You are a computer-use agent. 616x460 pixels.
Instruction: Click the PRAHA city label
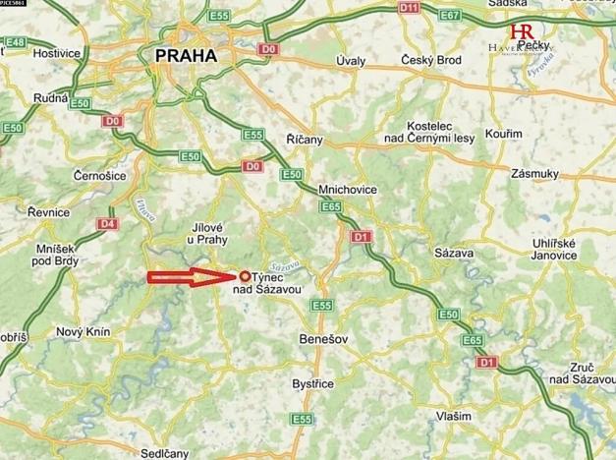[186, 57]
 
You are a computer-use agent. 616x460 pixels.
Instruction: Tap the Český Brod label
[430, 61]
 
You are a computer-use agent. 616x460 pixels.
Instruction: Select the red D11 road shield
[409, 8]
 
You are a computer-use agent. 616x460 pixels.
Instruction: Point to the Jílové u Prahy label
[209, 233]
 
